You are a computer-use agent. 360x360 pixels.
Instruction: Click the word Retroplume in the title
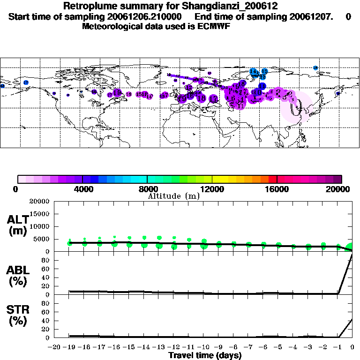89,7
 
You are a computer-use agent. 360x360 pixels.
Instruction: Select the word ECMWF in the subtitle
214,27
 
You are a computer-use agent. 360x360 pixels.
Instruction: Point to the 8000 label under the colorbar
147,189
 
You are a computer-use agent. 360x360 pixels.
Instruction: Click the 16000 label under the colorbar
277,189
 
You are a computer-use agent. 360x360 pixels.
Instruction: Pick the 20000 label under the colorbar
342,189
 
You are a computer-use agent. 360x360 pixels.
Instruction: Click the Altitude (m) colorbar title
173,196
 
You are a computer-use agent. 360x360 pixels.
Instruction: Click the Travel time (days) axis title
205,355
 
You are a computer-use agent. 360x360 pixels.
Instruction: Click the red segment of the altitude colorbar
273,179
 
